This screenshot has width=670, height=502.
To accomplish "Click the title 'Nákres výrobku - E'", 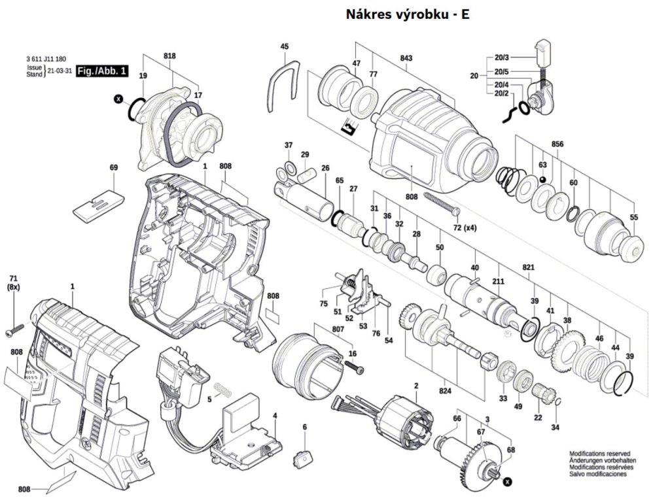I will (x=407, y=14).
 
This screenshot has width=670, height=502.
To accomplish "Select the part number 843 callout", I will (x=406, y=59).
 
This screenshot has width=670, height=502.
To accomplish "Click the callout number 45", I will (x=284, y=46).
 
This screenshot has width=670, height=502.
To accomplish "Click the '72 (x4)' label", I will (x=465, y=227).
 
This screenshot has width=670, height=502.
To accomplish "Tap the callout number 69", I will (x=114, y=168).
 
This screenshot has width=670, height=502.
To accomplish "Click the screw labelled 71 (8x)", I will (x=15, y=332).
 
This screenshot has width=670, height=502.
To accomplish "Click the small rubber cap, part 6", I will (x=302, y=456).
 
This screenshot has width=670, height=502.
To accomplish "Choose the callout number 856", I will (x=557, y=144).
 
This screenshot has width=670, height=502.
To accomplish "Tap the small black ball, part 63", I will (x=542, y=179).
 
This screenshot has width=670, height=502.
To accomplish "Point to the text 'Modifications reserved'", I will (x=599, y=453).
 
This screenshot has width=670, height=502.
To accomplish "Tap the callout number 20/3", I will (x=502, y=58).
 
